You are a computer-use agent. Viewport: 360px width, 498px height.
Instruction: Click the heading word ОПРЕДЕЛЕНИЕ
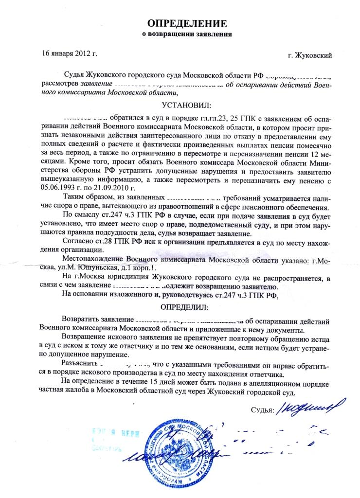pos(187,24)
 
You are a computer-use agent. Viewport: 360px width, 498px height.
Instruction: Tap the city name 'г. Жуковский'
pos(310,56)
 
